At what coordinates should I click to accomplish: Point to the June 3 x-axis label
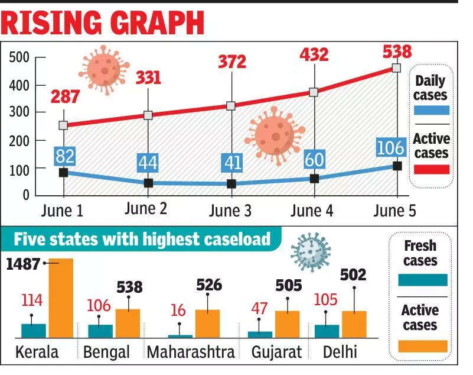click(231, 211)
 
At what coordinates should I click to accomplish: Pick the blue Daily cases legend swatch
click(431, 110)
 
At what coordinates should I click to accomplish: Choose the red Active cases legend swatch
click(431, 169)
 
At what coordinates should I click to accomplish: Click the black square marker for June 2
click(148, 183)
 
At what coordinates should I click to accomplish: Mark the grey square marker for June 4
click(314, 92)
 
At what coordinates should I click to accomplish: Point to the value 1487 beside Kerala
click(23, 264)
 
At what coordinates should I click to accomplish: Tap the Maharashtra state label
click(191, 353)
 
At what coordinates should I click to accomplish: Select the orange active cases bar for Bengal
click(128, 322)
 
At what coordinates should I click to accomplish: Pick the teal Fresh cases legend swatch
click(423, 279)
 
